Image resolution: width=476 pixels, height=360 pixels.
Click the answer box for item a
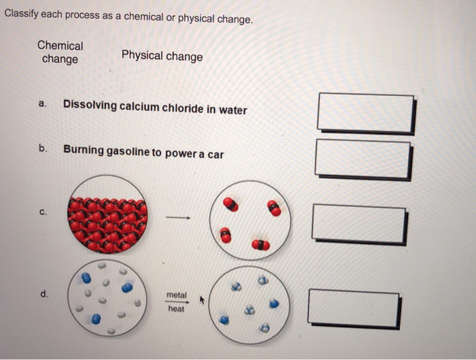click(365, 112)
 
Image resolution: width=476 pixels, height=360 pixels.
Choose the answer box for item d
click(354, 308)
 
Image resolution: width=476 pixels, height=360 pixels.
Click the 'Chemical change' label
click(60, 52)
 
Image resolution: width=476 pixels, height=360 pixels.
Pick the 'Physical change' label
click(162, 56)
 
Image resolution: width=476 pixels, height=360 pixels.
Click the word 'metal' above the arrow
click(176, 295)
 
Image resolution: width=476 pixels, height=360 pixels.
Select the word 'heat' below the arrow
click(176, 309)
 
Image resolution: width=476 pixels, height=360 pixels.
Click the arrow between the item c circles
click(176, 218)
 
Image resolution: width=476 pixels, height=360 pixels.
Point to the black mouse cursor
click(202, 299)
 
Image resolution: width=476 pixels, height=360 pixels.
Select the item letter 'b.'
click(43, 148)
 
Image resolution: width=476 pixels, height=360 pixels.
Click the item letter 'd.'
click(44, 294)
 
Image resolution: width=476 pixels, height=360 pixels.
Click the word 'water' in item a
click(233, 109)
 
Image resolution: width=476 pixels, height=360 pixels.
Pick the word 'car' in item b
click(215, 154)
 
